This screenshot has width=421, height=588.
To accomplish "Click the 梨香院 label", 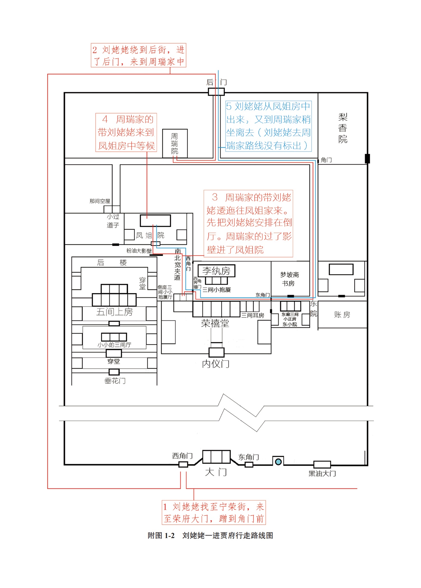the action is click(x=343, y=128).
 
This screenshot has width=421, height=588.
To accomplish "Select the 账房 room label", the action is click(x=342, y=315).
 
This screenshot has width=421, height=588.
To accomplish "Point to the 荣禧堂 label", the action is click(x=215, y=323).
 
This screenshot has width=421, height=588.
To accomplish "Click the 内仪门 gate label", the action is click(x=216, y=364).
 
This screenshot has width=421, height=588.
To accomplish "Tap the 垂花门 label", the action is click(x=115, y=381).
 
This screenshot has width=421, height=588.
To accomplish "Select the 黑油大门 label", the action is click(x=322, y=474).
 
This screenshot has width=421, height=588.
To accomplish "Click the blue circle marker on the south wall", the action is click(x=278, y=461).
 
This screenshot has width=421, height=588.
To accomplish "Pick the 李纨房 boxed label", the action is click(x=216, y=271).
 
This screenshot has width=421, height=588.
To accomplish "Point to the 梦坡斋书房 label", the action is click(x=289, y=279).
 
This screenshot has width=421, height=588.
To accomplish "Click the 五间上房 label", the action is click(x=114, y=312).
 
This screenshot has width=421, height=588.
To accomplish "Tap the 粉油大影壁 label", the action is click(x=139, y=251).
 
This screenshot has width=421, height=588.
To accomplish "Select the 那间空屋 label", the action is click(x=100, y=201).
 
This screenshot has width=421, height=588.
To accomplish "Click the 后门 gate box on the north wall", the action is click(x=216, y=92).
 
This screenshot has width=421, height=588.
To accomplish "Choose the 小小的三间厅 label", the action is click(x=114, y=345).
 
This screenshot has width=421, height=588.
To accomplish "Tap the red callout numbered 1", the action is click(x=214, y=512).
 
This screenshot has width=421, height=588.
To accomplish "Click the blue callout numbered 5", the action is click(x=268, y=126).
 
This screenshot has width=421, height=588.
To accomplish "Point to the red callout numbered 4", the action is click(x=126, y=132).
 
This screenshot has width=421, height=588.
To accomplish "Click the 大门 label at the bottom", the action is click(x=216, y=472).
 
